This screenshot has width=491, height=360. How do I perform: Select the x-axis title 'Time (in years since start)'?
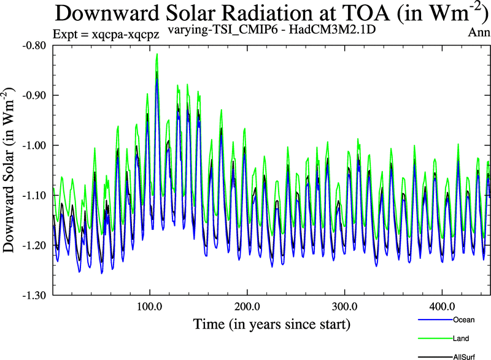point(271,323)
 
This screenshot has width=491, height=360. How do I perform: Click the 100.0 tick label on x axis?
point(149,305)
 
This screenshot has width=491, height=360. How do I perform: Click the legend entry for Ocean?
point(463,320)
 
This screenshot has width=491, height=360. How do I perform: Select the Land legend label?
point(461,338)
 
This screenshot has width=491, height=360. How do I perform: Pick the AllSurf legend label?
point(465,356)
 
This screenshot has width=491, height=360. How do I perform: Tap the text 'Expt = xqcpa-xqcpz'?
point(106,35)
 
